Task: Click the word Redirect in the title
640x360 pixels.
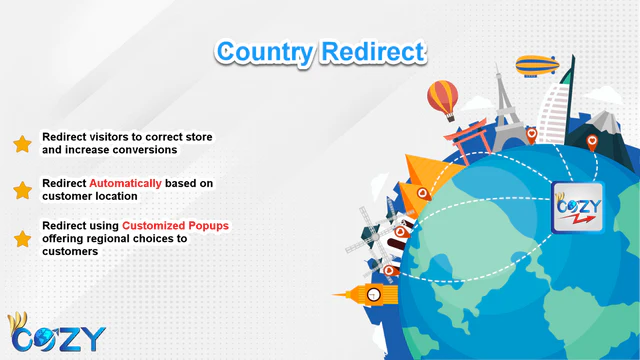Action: [372, 51]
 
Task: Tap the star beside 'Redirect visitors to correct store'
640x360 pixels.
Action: [22, 143]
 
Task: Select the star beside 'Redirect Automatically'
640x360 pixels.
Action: [22, 190]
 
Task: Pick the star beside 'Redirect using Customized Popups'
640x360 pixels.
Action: [22, 239]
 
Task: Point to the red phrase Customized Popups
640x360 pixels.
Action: [175, 226]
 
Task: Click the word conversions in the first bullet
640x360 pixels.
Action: [144, 149]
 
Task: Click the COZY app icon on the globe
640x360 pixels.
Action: [578, 208]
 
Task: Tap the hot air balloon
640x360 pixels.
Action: [443, 99]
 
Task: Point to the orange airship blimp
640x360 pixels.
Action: [539, 66]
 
